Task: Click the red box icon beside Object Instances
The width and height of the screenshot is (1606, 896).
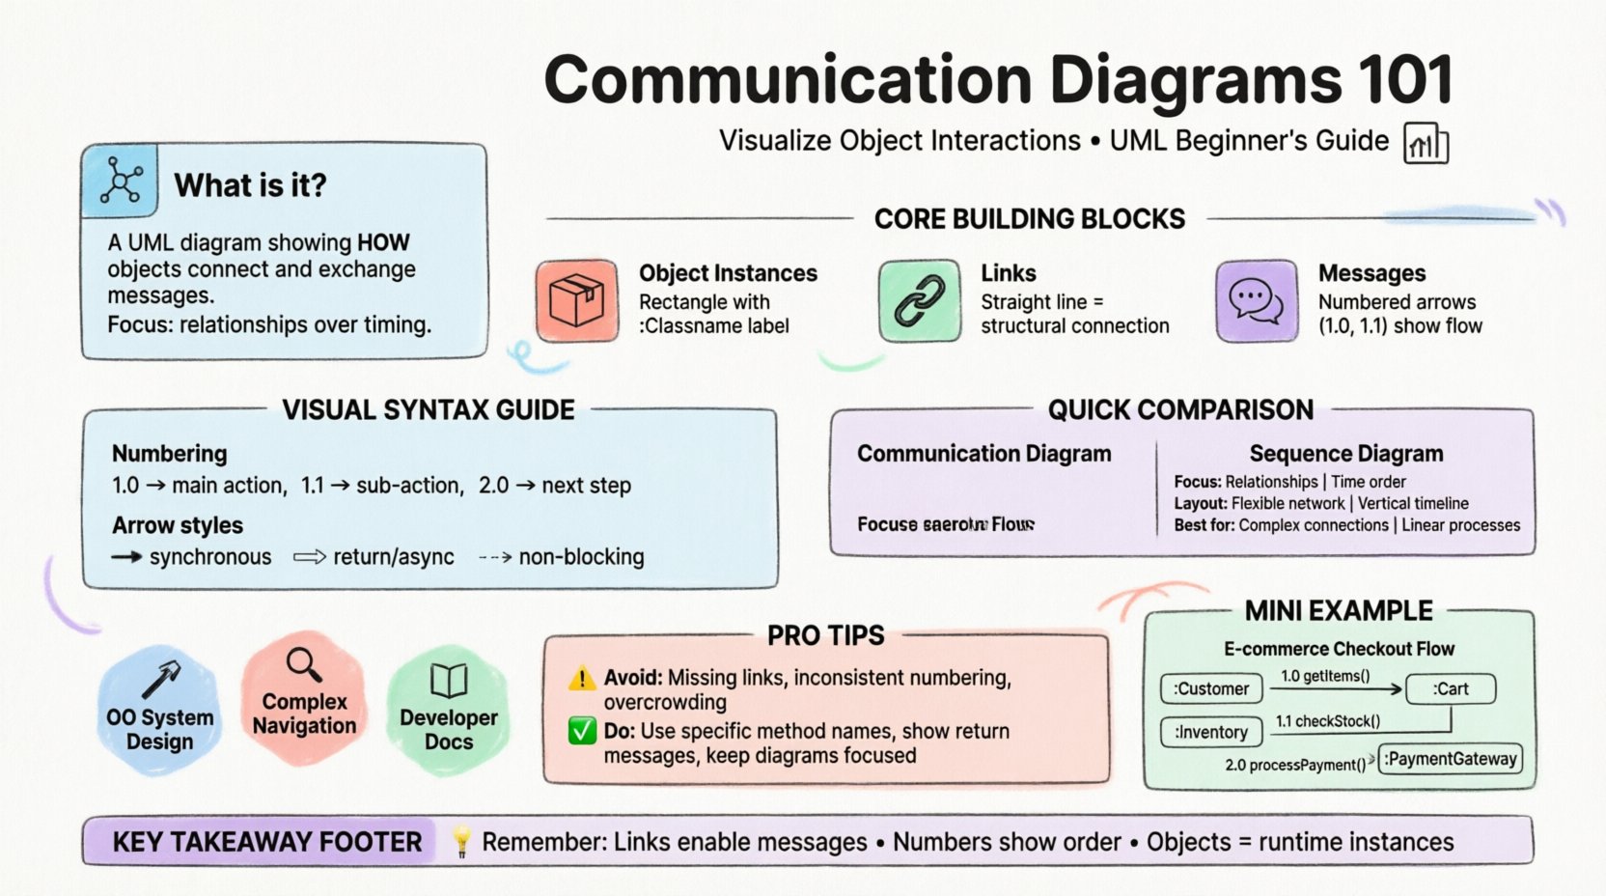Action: pyautogui.click(x=577, y=300)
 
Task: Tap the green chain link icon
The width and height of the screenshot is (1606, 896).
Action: pyautogui.click(x=919, y=300)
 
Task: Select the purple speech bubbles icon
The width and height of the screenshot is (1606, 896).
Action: pyautogui.click(x=1256, y=300)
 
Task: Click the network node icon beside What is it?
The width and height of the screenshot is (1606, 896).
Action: pyautogui.click(x=121, y=181)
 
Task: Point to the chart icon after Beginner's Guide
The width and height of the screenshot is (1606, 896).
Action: pyautogui.click(x=1426, y=144)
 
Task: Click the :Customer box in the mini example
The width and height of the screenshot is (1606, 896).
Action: pyautogui.click(x=1211, y=688)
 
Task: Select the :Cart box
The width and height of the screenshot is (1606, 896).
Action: pyautogui.click(x=1451, y=688)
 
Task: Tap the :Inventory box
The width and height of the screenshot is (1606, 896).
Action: pyautogui.click(x=1211, y=732)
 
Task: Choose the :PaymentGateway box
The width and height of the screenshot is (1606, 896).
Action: pyautogui.click(x=1451, y=759)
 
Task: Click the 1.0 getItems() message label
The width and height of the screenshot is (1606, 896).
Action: pyautogui.click(x=1325, y=676)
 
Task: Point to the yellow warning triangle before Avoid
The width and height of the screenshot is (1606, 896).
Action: pyautogui.click(x=582, y=679)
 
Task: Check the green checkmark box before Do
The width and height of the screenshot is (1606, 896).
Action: pyautogui.click(x=582, y=731)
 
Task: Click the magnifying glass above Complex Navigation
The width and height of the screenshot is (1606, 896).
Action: pyautogui.click(x=304, y=664)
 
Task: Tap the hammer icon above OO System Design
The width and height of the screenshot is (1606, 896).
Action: pyautogui.click(x=160, y=679)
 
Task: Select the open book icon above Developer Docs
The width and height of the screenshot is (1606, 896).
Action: pyautogui.click(x=449, y=681)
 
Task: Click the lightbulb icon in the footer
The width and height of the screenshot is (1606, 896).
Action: pyautogui.click(x=461, y=841)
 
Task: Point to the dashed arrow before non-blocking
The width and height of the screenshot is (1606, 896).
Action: pyautogui.click(x=495, y=557)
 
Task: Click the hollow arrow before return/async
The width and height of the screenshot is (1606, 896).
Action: pyautogui.click(x=310, y=557)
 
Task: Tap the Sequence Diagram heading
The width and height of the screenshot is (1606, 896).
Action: pyautogui.click(x=1345, y=454)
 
